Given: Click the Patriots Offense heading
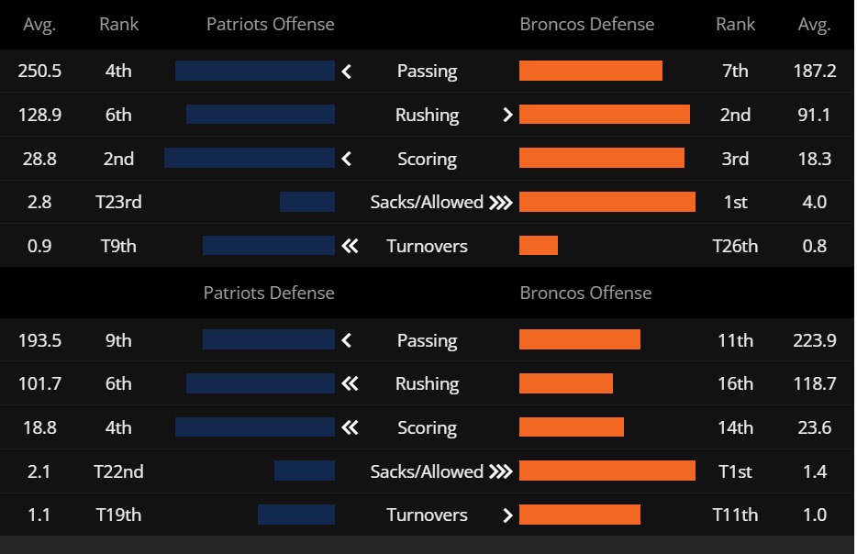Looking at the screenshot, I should pos(270,25).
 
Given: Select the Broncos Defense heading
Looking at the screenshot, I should pos(586,25).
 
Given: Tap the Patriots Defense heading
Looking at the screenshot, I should pos(268,294).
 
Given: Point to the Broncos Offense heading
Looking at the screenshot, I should pos(585,294).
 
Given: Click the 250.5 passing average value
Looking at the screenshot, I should pos(39,71).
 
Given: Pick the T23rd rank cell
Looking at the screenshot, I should pos(118,202).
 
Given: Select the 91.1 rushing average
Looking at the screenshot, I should pos(814,115).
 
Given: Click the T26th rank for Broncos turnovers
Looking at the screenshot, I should pos(735,246).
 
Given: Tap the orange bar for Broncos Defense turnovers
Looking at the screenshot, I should pos(539,246).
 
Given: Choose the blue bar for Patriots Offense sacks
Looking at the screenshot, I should pos(307,202).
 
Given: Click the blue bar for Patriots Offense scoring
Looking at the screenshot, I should pos(250,159).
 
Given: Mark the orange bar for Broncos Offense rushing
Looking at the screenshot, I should pos(566,383).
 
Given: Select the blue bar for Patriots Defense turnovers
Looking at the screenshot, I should pos(296,515).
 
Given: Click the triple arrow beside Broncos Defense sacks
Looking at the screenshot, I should pos(500,202).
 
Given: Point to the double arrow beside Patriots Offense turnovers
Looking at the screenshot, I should pos(349,246).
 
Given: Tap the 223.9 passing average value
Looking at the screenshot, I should pos(814,340).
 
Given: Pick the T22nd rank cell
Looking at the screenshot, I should pos(118,471).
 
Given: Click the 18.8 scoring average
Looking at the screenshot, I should pos(39,427).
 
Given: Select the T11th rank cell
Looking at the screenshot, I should pos(735,515).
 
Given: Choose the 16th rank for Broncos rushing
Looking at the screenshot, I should pos(735,383).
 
